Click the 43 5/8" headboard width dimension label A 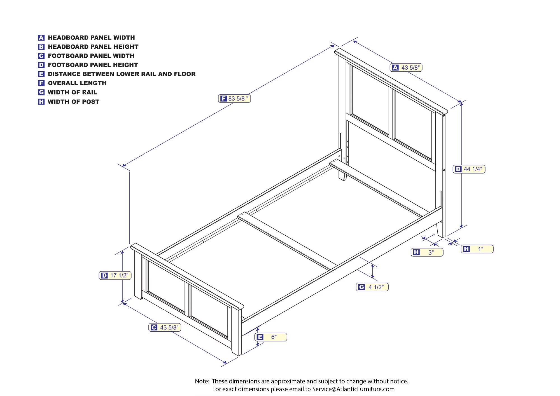[406, 67]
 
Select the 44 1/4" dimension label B [469, 169]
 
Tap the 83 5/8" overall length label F [234, 99]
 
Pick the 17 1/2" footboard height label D [115, 275]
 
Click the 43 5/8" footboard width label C [165, 327]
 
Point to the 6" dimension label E [271, 337]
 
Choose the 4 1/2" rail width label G [372, 287]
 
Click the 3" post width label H [427, 252]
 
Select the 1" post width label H [477, 249]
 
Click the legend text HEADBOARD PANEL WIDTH [91, 38]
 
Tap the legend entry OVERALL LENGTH [77, 83]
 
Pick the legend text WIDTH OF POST [74, 102]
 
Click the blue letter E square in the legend [41, 74]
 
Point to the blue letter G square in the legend [41, 92]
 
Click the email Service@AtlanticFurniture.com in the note [353, 389]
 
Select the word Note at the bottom [202, 381]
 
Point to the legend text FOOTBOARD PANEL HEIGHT [93, 65]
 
